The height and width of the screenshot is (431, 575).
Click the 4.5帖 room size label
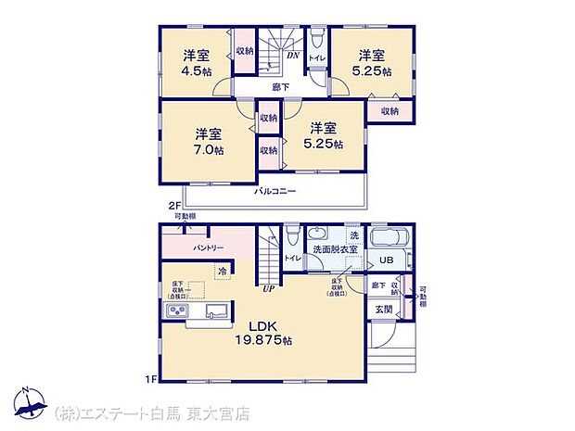(196, 70)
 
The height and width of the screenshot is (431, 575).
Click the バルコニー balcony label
(275, 190)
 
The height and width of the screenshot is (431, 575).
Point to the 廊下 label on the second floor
(279, 87)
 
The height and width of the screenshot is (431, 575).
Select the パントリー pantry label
(208, 249)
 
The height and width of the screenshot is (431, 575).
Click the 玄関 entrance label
(384, 309)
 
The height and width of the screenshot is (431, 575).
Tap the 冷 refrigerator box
(223, 270)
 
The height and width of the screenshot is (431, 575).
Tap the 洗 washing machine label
(353, 235)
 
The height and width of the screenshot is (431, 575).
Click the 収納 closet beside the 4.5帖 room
(245, 55)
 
